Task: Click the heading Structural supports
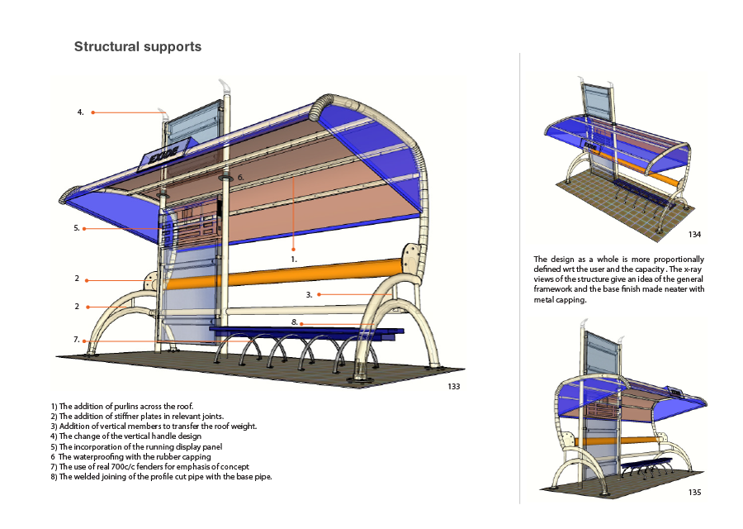coord(138,46)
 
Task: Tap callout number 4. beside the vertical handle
coord(80,112)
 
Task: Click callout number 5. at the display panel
coord(76,228)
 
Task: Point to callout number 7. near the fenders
coord(76,340)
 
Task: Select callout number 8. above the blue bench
coord(294,322)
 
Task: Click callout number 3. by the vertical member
coord(309,294)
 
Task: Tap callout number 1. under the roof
coord(293,259)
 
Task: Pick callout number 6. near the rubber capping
coord(240,178)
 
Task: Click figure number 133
coord(454,386)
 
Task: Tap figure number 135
coord(694,492)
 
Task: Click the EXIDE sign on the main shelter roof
coord(168,154)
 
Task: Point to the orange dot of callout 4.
coord(93,112)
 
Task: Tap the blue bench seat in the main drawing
coord(297,332)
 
